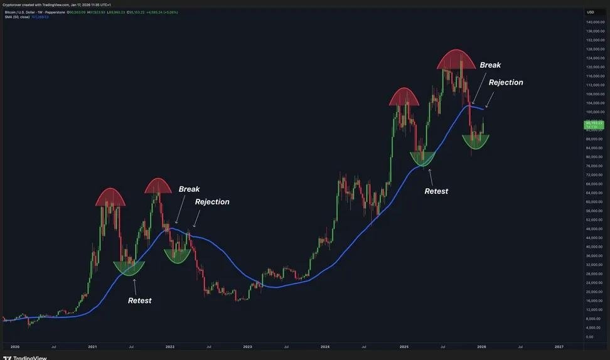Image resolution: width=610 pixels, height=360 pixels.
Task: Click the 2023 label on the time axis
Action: [x=247, y=346]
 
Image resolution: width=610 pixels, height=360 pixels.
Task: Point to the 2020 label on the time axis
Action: [x=15, y=346]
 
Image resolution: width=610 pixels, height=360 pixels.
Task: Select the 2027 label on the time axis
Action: [x=559, y=346]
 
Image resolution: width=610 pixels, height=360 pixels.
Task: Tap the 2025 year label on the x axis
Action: [x=404, y=346]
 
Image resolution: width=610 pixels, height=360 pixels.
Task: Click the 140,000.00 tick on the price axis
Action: [x=595, y=22]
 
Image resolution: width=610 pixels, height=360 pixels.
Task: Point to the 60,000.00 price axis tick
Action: [x=595, y=202]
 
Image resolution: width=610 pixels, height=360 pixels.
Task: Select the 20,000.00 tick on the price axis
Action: [x=595, y=292]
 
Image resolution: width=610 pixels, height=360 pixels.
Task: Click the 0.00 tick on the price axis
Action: [x=590, y=337]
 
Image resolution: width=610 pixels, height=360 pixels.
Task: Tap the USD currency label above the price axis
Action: [x=591, y=12]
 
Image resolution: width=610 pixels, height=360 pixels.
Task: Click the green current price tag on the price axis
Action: [x=594, y=124]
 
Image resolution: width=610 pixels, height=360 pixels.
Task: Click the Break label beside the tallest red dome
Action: [x=490, y=65]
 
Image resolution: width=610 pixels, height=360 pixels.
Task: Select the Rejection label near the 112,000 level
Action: [x=506, y=82]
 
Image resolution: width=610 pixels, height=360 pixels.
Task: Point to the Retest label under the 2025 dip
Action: [x=436, y=191]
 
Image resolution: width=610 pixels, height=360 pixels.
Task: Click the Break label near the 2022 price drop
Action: [x=189, y=189]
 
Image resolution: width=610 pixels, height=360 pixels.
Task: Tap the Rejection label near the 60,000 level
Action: [x=212, y=202]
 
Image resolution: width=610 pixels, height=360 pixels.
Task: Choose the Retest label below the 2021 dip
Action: [x=139, y=300]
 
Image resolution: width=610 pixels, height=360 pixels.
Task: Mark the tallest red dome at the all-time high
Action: [x=457, y=60]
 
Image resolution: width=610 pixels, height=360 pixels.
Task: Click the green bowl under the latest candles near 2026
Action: [x=476, y=142]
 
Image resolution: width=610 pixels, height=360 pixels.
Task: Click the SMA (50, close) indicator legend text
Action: [x=17, y=17]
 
